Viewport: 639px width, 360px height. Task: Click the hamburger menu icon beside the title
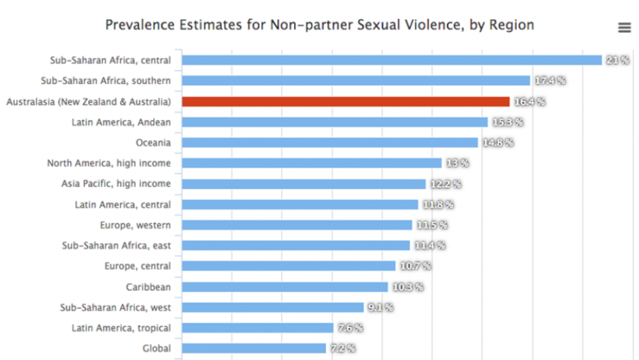coord(623,27)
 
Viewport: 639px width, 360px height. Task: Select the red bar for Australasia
coord(346,102)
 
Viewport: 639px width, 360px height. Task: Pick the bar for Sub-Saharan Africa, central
coord(391,60)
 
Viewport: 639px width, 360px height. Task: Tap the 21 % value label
coord(617,60)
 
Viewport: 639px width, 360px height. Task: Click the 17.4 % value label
coord(550,80)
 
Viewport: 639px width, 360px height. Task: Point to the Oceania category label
coord(153,142)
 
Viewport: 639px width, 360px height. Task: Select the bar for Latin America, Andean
coord(335,122)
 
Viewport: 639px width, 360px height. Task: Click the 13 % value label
coord(457,163)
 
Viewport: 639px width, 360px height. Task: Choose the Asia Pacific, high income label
coord(116,183)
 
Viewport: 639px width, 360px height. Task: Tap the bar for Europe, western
coord(297,225)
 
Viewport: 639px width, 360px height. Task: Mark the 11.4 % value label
coord(430,245)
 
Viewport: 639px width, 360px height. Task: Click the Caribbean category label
coord(148,287)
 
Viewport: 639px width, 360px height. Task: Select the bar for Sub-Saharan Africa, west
coord(273,307)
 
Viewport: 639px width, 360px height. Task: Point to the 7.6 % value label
coord(348,328)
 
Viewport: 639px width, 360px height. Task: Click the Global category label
coord(157,348)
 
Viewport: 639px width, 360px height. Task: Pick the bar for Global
coord(254,348)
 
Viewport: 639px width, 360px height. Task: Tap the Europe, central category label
coord(137,266)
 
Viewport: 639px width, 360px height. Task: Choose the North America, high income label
coord(109,163)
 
